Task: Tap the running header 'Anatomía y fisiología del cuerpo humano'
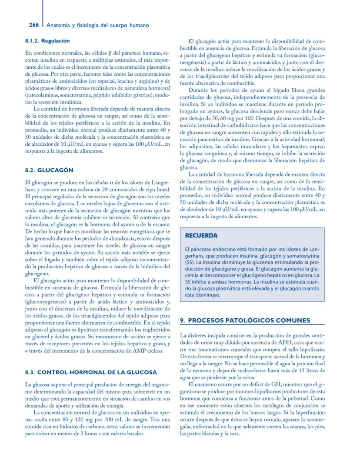[x=98, y=25]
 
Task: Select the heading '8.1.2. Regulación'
[x=47, y=41]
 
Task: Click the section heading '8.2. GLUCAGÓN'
[x=49, y=170]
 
